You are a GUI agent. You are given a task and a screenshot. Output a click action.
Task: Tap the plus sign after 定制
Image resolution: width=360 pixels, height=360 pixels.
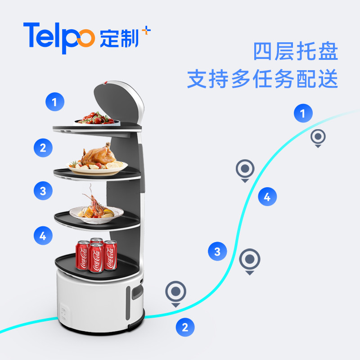(x=146, y=31)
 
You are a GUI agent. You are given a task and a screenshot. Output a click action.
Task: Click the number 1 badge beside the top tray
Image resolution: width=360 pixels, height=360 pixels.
(x=54, y=102)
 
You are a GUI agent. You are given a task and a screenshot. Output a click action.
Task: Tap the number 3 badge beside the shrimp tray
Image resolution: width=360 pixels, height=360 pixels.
(x=43, y=191)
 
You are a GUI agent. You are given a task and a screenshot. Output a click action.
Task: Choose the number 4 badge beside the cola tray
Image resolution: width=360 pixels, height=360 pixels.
(x=43, y=235)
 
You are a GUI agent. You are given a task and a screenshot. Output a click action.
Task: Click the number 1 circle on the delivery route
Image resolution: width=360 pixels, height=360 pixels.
(x=303, y=113)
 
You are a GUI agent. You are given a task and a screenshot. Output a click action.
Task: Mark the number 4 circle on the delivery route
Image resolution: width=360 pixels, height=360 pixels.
(x=267, y=197)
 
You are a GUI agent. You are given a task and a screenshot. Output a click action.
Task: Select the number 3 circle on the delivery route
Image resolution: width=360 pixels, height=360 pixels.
(x=217, y=251)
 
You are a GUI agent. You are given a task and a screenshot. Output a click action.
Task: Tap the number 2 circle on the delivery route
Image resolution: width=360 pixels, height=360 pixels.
(x=185, y=327)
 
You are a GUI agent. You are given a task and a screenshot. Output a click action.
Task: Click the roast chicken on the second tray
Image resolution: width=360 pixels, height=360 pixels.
(x=97, y=155)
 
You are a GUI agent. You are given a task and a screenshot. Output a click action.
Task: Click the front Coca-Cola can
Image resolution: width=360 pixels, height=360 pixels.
(x=95, y=257)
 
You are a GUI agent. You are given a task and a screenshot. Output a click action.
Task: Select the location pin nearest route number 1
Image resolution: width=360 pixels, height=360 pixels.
(x=318, y=137)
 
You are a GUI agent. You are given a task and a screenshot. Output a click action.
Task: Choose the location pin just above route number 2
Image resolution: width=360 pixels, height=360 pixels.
(x=175, y=292)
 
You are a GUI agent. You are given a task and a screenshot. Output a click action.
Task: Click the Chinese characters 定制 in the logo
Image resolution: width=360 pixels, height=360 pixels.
(x=120, y=38)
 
